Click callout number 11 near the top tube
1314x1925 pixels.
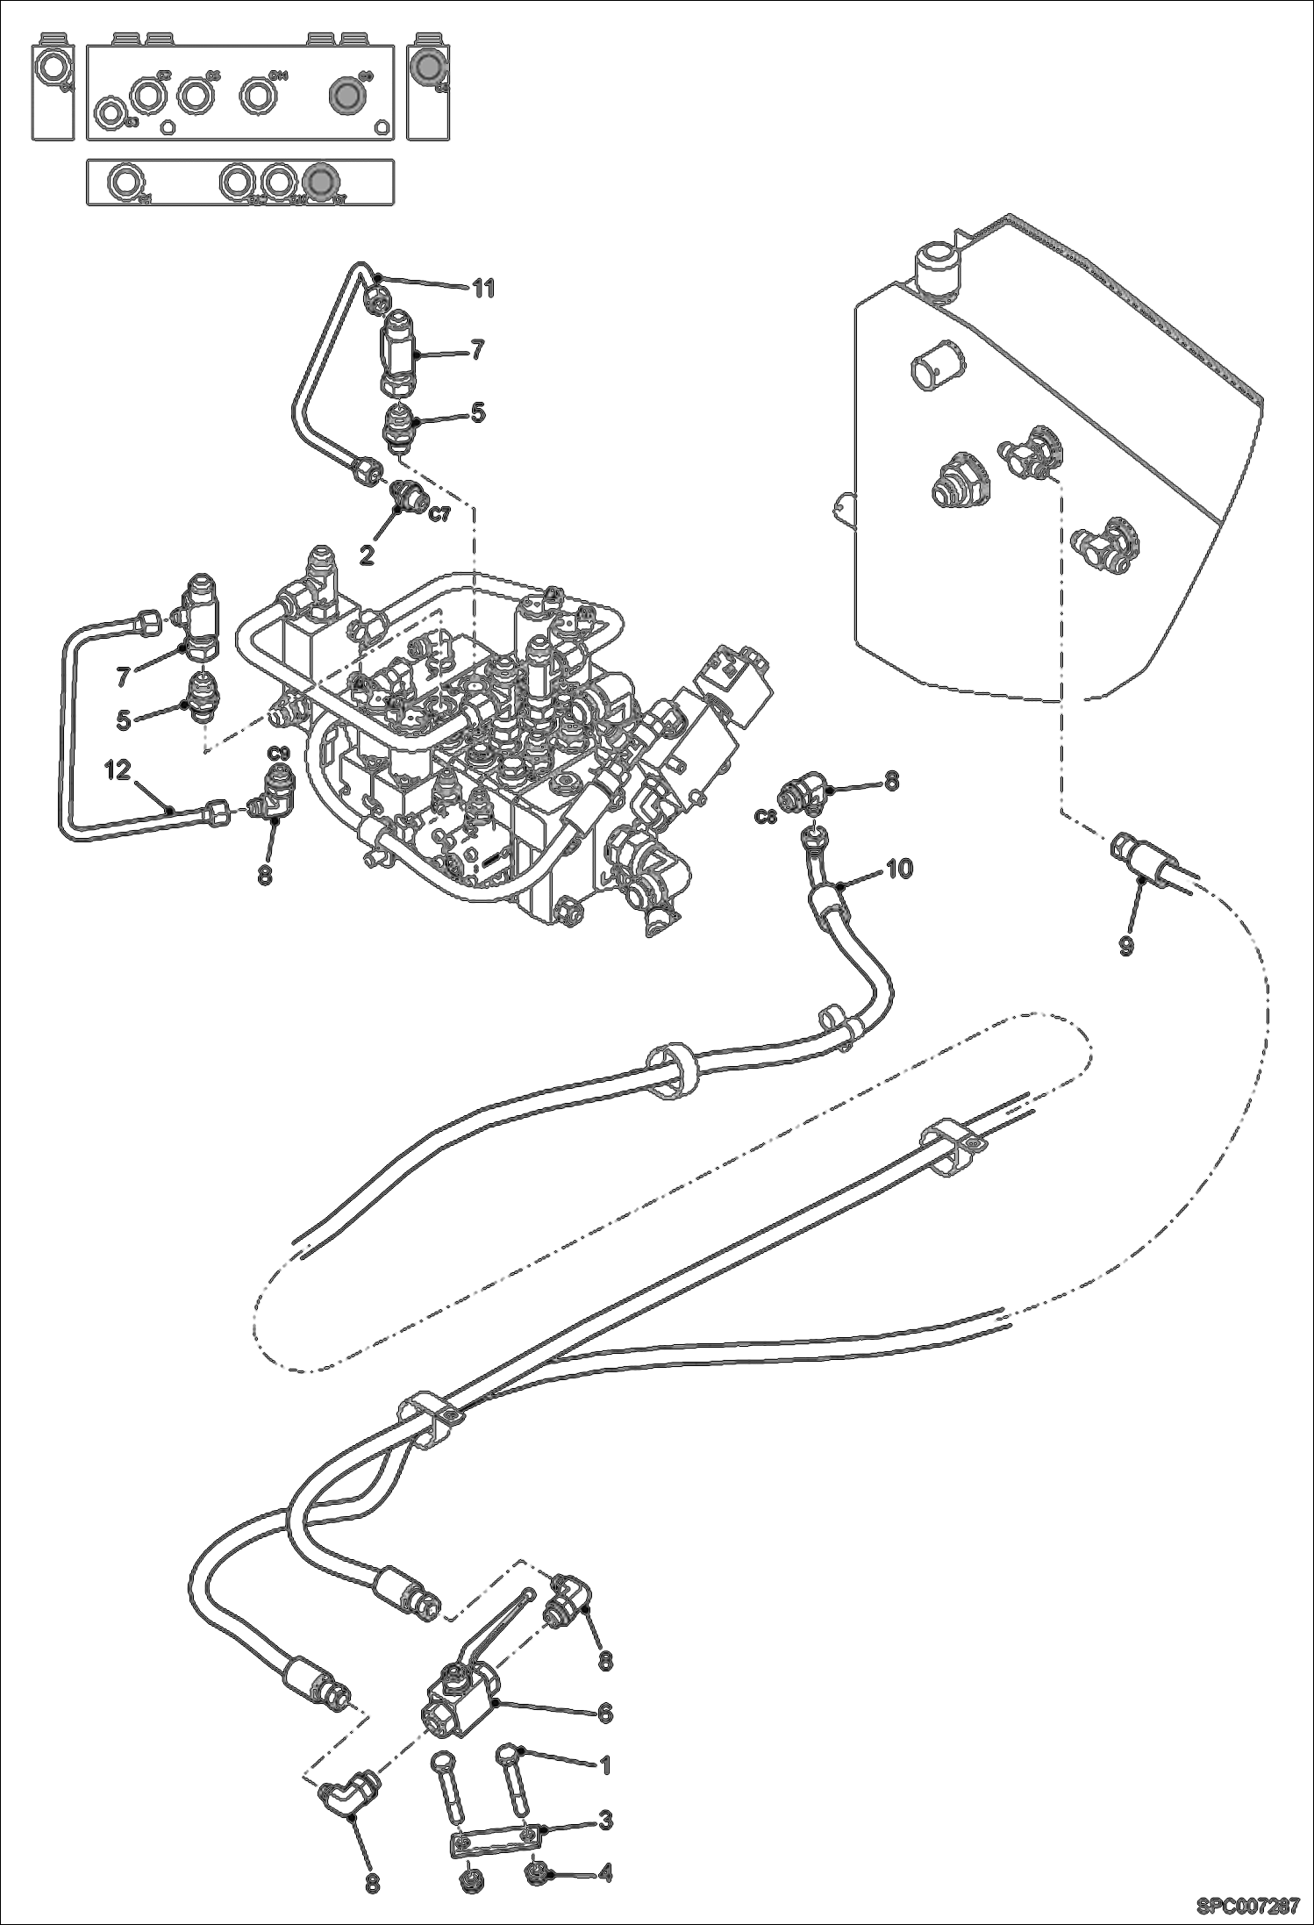click(483, 288)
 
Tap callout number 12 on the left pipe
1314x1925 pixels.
click(118, 770)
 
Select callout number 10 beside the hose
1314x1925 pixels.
click(899, 868)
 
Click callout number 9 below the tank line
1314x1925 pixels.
click(1125, 946)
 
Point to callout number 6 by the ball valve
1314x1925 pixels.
click(605, 1713)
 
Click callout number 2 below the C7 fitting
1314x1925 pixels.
click(367, 554)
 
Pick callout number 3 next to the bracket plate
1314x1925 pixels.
click(605, 1821)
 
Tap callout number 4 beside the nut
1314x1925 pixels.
click(605, 1874)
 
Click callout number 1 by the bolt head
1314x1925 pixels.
click(603, 1764)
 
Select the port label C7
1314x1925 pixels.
click(439, 515)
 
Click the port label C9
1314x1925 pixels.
click(278, 753)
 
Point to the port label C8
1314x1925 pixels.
click(766, 817)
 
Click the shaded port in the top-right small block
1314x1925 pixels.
click(429, 68)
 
